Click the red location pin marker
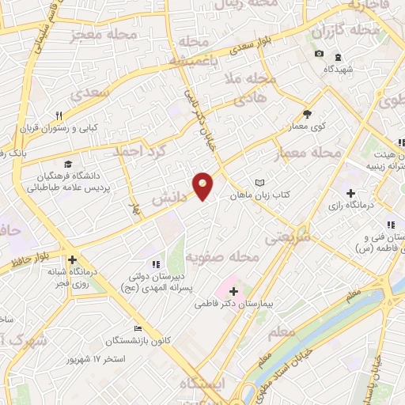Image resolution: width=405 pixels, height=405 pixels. pos(203,185)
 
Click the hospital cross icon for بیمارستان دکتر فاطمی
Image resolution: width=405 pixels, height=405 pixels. pos(232,291)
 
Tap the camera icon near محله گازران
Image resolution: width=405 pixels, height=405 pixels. pos(319,54)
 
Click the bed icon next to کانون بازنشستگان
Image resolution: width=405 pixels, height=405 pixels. pos(138,329)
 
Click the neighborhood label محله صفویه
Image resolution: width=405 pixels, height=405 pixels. pos(223,258)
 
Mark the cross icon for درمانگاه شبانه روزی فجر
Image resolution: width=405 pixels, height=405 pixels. pos(72,259)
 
